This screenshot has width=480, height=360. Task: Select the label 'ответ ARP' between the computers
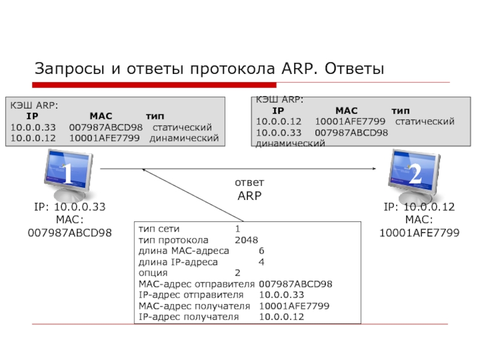250,189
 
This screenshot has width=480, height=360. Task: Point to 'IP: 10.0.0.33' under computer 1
70,207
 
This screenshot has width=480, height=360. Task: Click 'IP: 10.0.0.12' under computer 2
419,207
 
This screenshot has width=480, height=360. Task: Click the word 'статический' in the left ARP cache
182,127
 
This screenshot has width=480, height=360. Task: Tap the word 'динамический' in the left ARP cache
184,139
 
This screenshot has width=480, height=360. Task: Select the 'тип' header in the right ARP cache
401,111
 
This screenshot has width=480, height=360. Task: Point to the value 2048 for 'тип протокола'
247,240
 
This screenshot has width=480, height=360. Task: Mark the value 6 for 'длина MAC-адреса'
262,251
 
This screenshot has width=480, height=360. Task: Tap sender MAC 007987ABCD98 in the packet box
296,284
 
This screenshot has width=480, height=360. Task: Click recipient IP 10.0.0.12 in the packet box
281,316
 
